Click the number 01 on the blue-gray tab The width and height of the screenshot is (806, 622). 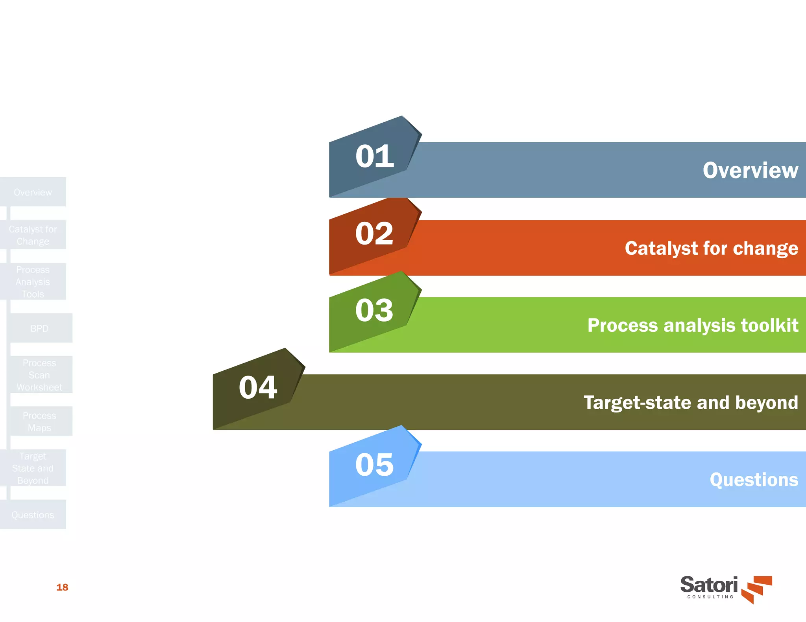[374, 156]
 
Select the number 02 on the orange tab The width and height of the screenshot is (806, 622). [374, 234]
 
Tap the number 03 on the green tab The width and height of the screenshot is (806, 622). [374, 310]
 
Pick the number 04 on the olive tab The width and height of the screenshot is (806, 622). [258, 387]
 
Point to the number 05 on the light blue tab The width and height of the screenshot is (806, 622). [374, 465]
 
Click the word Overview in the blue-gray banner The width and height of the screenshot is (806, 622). [750, 170]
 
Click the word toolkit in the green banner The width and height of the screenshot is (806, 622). [769, 325]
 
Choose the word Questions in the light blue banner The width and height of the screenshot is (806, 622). [754, 480]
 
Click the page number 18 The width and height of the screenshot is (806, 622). [62, 587]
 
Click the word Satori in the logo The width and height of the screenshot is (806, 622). [709, 585]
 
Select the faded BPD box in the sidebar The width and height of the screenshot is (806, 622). [40, 328]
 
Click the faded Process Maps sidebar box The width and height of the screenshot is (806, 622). [40, 421]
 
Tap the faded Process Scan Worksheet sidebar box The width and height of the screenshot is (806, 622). [40, 375]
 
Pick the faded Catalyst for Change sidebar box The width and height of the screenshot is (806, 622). [33, 235]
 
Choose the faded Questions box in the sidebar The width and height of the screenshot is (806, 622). [33, 515]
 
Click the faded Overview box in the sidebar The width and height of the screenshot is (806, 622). [33, 192]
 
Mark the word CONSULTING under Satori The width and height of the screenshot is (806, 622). [710, 597]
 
